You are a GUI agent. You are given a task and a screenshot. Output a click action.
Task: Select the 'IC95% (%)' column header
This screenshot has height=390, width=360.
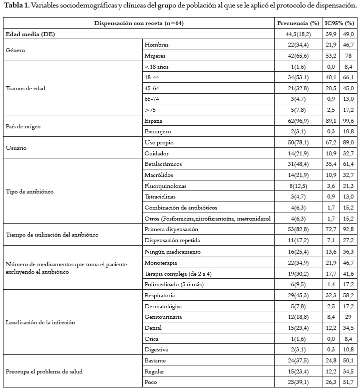pyautogui.click(x=339, y=24)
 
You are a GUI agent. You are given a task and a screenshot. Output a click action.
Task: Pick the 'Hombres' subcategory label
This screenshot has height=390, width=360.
pyautogui.click(x=156, y=45)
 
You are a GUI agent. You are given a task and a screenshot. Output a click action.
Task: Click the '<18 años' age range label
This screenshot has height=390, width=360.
pyautogui.click(x=157, y=67)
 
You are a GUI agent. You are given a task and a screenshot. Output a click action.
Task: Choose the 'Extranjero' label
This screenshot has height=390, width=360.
pyautogui.click(x=158, y=131)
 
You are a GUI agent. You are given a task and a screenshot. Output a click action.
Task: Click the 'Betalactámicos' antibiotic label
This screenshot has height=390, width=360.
pyautogui.click(x=163, y=164)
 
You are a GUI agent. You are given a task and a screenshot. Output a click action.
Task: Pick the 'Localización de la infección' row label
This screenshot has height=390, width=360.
pyautogui.click(x=40, y=322)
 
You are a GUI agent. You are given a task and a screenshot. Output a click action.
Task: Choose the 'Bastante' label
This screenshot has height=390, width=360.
pyautogui.click(x=156, y=360)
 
